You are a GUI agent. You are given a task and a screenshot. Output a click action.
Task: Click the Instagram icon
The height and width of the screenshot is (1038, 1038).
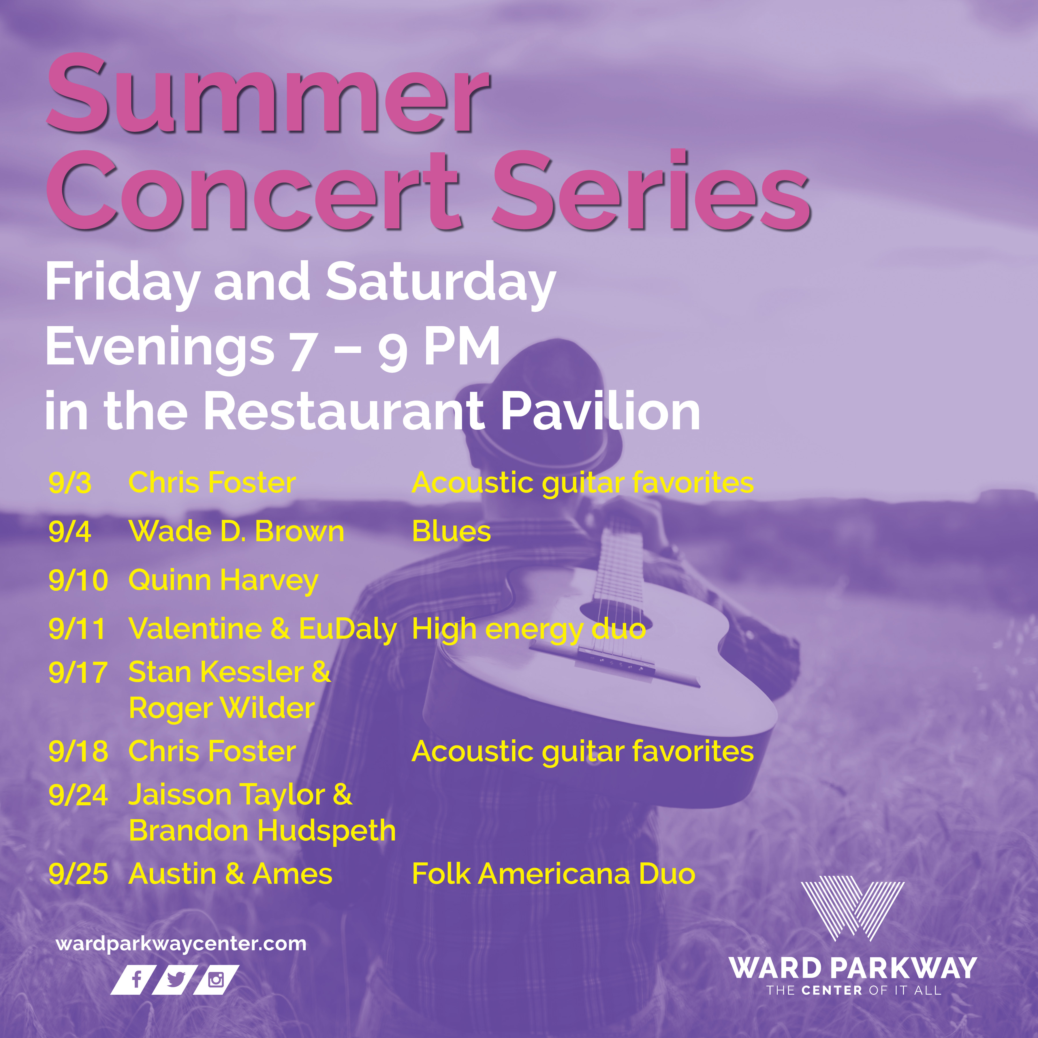tap(216, 979)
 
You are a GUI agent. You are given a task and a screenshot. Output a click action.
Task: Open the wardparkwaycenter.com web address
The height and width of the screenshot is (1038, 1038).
tap(181, 944)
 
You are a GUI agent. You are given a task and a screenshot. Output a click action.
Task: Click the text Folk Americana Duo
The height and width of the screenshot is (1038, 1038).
tap(553, 874)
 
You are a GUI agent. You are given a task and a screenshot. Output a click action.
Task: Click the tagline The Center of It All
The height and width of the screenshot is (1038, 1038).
tap(854, 990)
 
